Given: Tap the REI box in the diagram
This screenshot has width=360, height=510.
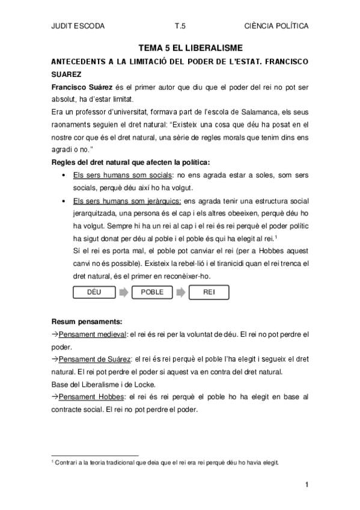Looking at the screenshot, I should point(209,292).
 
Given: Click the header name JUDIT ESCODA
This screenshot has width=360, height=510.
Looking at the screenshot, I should point(79,27).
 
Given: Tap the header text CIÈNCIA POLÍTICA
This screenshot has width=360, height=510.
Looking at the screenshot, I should point(276,27).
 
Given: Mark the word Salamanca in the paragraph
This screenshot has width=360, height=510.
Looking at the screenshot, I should point(243,112).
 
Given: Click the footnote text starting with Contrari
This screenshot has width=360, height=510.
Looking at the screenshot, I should point(162,462).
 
